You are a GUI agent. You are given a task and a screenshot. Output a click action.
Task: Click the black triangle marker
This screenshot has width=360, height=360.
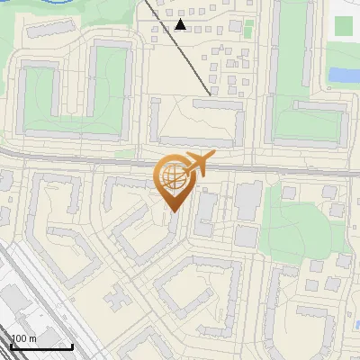tap(181, 24)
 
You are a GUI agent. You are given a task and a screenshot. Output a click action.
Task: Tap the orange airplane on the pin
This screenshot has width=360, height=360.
tap(196, 165)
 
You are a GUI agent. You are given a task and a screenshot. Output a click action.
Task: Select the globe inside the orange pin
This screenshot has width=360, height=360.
tap(174, 177)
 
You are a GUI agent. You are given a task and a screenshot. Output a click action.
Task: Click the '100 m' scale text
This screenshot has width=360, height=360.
tap(23, 338)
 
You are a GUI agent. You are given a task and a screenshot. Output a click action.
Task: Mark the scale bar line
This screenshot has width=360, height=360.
tap(41, 346)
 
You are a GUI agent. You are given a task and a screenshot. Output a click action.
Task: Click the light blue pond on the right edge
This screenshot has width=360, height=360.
tap(343, 75)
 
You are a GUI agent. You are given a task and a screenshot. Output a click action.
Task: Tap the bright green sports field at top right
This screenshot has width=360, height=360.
tap(343, 25)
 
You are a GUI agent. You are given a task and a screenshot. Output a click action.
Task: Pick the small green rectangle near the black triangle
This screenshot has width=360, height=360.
tap(248, 29)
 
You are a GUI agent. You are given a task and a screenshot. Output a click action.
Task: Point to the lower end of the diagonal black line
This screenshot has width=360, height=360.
tap(211, 94)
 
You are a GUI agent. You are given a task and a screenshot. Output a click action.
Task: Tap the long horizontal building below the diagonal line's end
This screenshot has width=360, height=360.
tap(215, 104)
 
